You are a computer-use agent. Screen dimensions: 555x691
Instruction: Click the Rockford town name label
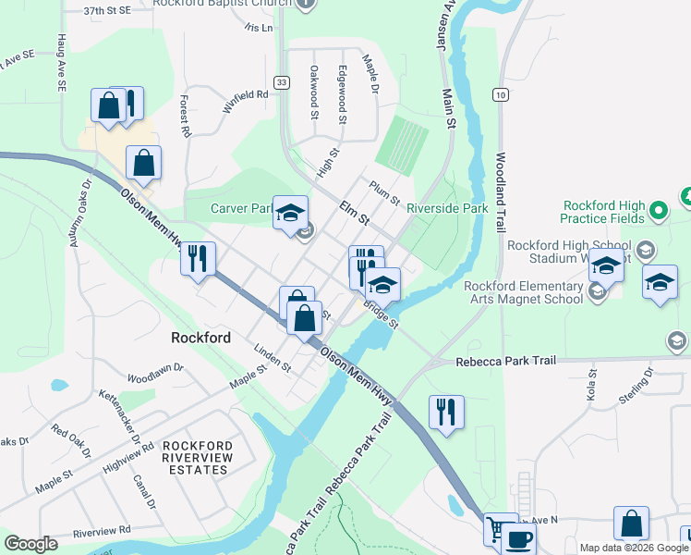[200, 338]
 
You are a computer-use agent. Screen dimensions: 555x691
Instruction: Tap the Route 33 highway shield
[282, 82]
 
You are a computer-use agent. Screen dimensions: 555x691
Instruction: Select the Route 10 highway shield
[500, 94]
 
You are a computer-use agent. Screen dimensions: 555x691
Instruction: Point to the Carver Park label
[242, 208]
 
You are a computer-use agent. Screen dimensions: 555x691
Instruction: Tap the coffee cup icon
[518, 539]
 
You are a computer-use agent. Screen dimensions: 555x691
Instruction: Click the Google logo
[31, 544]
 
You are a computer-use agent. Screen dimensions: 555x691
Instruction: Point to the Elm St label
[353, 214]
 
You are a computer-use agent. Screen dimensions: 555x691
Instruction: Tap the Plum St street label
[383, 192]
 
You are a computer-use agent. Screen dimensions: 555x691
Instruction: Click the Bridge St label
[380, 316]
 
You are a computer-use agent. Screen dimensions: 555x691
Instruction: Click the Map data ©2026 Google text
[634, 548]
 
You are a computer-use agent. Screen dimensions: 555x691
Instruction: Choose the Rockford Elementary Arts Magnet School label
[524, 292]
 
